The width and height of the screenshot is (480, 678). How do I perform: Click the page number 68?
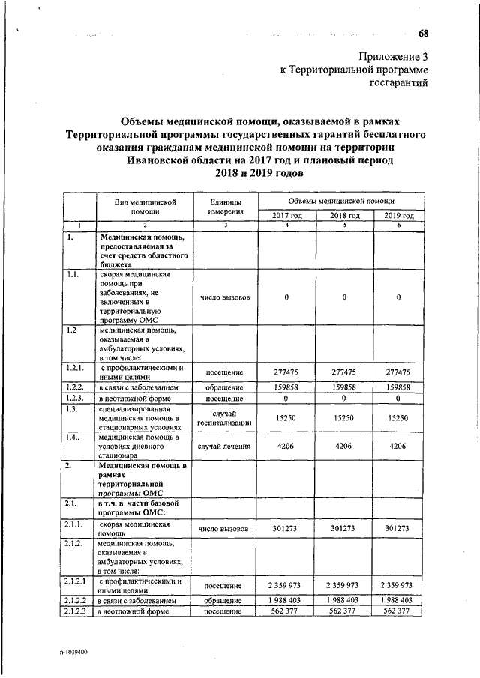[x=424, y=33]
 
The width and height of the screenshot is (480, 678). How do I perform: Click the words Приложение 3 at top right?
[x=393, y=56]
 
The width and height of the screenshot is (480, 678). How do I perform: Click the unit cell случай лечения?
[x=225, y=447]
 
